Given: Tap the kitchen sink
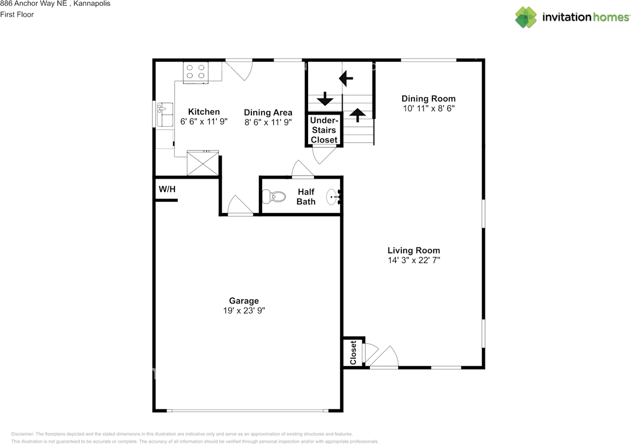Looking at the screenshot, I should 165,115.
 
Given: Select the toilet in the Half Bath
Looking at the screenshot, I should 274,197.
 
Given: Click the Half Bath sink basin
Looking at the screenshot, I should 334,198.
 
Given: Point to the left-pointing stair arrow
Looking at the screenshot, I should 346,77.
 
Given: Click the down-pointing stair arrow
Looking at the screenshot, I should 324,99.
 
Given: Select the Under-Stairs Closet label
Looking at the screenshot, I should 324,130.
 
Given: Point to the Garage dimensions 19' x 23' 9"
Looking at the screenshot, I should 244,310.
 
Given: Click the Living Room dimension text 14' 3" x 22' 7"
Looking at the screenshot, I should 414,260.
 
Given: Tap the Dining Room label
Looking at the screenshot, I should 428,99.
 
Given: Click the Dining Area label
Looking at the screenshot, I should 268,112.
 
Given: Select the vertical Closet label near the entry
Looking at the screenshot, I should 353,352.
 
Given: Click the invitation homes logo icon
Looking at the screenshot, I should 526,17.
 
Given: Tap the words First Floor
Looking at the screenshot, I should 17,14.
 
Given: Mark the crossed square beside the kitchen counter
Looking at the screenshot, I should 203,163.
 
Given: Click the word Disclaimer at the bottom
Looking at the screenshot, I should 23,434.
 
